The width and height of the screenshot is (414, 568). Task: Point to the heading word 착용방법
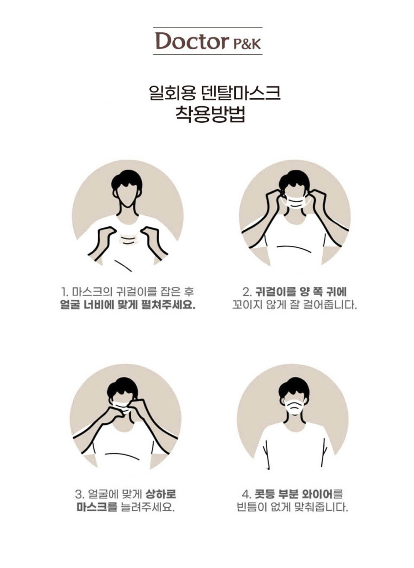210,113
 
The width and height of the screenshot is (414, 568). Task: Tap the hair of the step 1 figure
126,179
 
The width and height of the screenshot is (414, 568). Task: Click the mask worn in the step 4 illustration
294,407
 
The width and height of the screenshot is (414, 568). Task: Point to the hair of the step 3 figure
123,388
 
